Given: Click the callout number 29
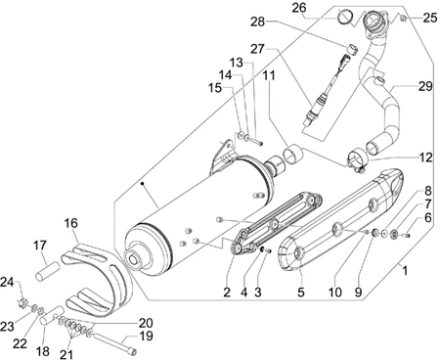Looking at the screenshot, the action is coord(425,86).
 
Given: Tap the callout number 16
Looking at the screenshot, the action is coord(71,223).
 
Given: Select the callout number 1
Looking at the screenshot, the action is coord(405,270).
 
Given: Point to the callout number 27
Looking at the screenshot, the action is coord(257,49).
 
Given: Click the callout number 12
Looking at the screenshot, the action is coord(425,157).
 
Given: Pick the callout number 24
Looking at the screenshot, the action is coord(7,282).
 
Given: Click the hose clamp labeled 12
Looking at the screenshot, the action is coord(356,161).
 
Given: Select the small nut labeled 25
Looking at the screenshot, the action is coord(403,19).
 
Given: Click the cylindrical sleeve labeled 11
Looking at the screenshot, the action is coord(292,155).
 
